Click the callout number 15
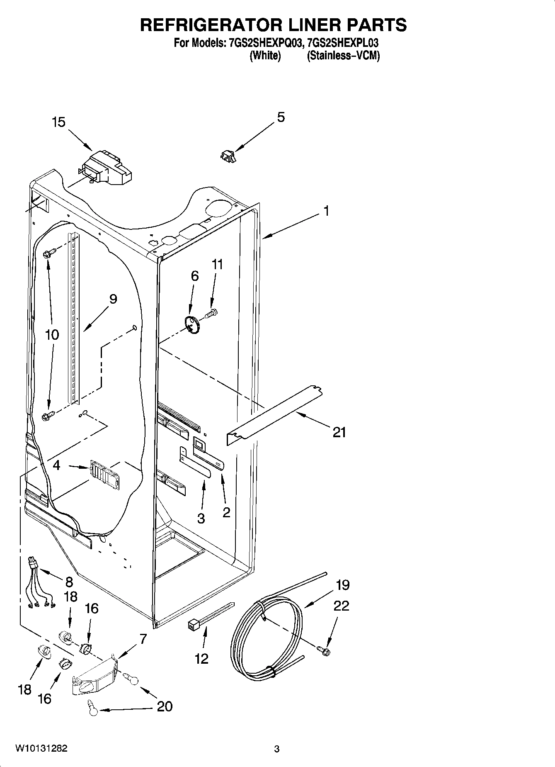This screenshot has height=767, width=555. (58, 122)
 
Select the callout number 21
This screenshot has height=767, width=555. (339, 432)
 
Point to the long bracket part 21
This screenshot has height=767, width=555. (274, 416)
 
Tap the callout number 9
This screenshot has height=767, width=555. (113, 299)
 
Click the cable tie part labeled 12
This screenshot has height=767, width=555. (211, 616)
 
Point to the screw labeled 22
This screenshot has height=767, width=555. (324, 650)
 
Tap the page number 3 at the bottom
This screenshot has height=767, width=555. (276, 749)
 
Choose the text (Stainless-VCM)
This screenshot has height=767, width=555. (343, 56)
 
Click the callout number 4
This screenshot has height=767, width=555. (56, 465)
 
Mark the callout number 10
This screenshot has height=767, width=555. (52, 334)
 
